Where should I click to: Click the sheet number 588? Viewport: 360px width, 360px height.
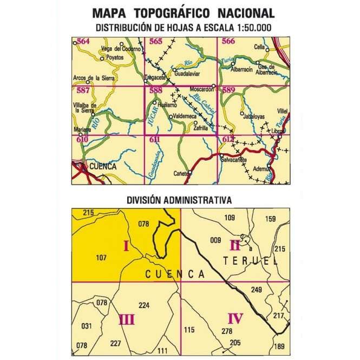click(x=156, y=90)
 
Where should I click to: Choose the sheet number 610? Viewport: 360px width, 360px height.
click(x=82, y=140)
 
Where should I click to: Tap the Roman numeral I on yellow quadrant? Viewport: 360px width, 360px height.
click(x=126, y=247)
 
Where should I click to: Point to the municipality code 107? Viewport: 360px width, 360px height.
click(x=100, y=257)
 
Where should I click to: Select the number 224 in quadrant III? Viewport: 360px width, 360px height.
click(x=143, y=305)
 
